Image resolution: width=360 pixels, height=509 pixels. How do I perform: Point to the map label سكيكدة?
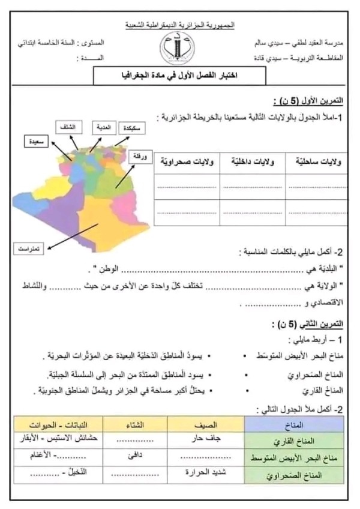coord(133,128)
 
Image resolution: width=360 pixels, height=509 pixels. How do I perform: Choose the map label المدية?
coord(102,128)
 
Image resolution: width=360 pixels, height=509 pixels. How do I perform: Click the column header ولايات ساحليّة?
coord(317,163)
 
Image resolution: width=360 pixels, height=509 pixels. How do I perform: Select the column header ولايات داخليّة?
coord(250,163)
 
